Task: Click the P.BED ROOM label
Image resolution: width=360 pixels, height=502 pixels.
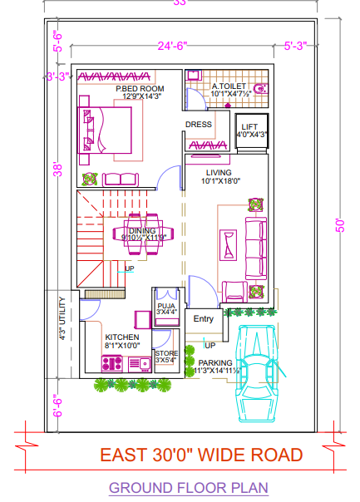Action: click(x=140, y=88)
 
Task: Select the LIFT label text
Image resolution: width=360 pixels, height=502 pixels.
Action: click(x=249, y=126)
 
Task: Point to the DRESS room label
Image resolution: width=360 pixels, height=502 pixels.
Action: click(x=199, y=125)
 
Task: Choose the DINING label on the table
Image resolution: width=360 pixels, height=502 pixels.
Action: click(x=142, y=232)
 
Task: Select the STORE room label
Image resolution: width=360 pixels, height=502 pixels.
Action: click(x=166, y=354)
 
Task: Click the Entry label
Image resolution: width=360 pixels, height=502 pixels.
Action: click(x=203, y=319)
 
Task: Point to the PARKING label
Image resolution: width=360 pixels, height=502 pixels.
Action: click(x=215, y=362)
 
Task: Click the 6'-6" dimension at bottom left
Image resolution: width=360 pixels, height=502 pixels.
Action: click(x=57, y=406)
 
